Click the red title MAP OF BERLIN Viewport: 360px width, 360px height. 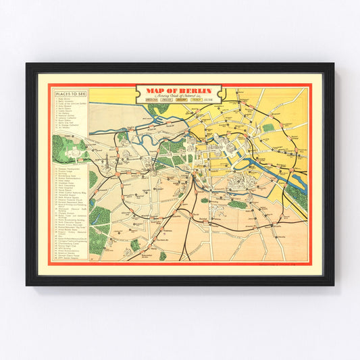coord(180,91)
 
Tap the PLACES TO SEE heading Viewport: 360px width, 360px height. coord(70,94)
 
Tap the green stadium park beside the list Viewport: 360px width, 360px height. coord(65,146)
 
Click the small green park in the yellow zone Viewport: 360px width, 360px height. coord(269,128)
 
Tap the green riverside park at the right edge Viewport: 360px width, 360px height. coord(297,196)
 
